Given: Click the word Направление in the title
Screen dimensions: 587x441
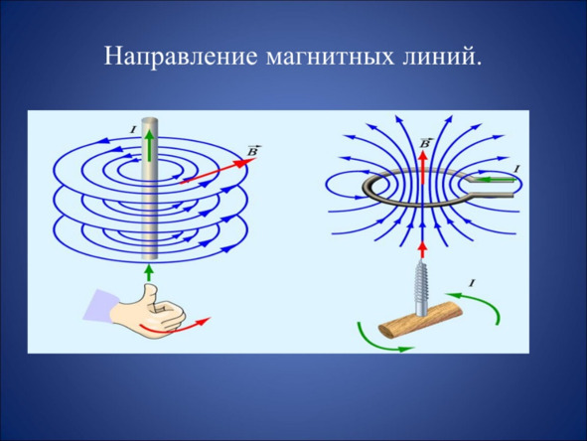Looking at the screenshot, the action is pos(181,57).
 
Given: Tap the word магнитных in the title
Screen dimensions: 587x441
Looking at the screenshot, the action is pos(331,58).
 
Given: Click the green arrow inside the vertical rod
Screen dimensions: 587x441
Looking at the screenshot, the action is pos(150,145).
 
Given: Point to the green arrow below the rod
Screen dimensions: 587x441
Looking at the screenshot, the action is pos(149,272).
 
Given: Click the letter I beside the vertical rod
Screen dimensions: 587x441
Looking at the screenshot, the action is pos(132,130).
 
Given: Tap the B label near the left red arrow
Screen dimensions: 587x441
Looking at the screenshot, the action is pos(253,151).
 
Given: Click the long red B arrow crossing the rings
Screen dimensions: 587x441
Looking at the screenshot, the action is pos(218,171).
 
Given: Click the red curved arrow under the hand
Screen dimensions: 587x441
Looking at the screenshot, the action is pos(174,327).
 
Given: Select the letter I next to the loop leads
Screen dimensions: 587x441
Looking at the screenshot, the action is pos(516,169).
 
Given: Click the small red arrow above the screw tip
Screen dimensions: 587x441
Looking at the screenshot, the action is pos(423,250).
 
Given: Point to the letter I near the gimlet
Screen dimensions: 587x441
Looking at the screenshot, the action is pos(472,284).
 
